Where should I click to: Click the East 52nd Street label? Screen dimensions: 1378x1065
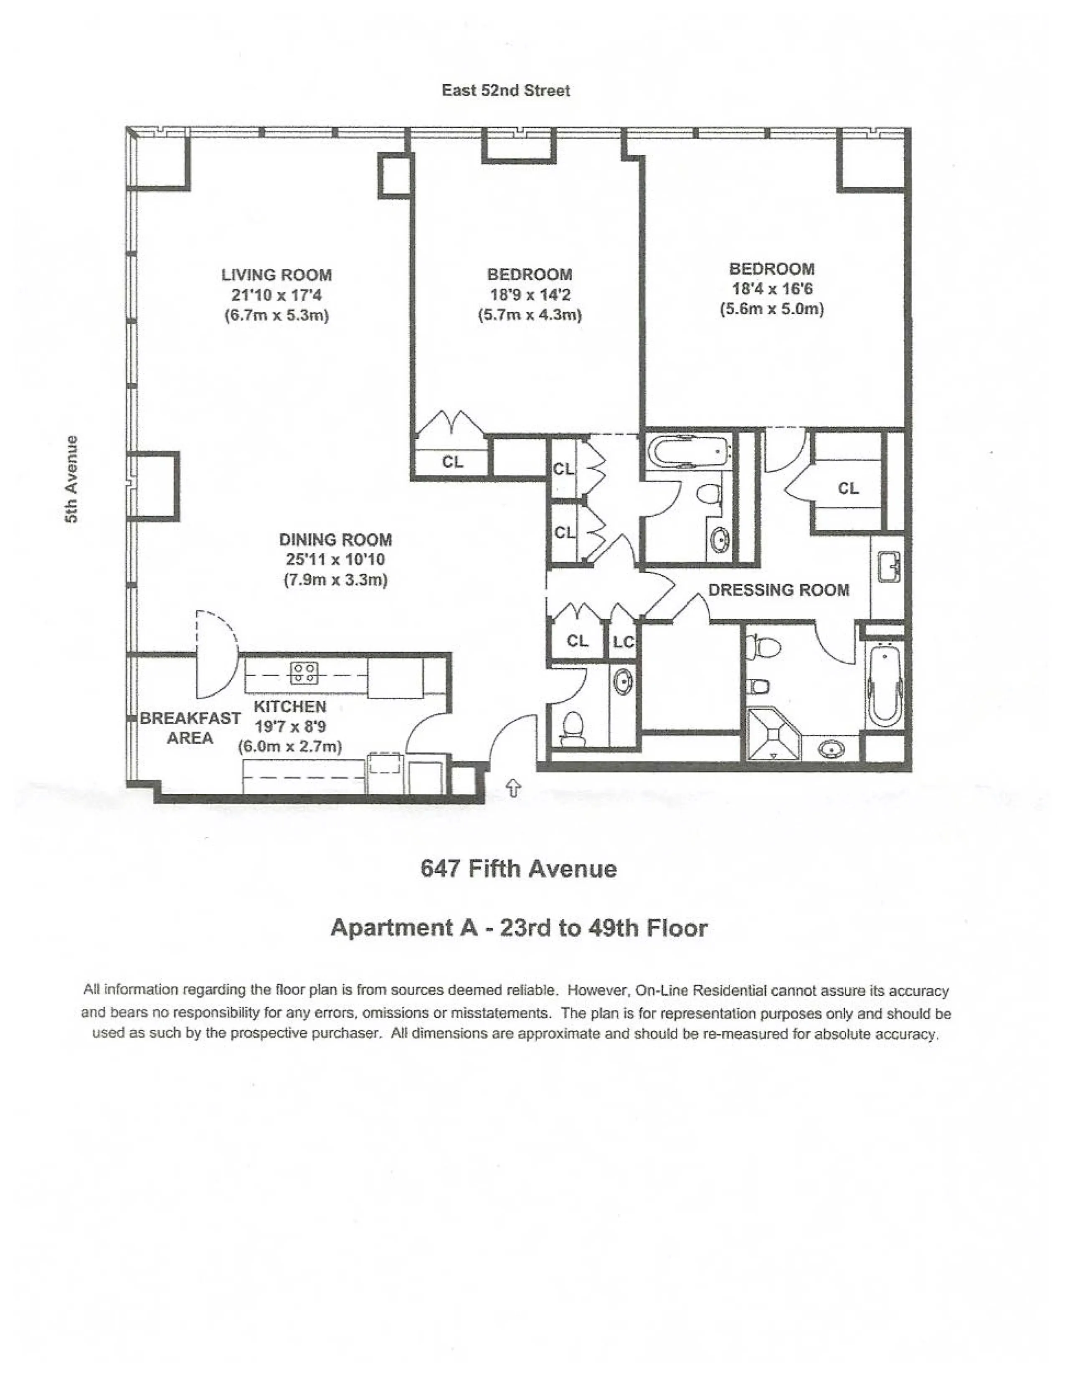505,90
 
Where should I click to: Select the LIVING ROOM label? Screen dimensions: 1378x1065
276,275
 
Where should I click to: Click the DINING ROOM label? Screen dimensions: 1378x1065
335,540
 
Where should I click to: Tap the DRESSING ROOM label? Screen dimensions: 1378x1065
778,590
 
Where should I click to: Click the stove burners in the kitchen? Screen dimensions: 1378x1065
304,673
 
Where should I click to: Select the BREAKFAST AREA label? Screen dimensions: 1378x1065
190,727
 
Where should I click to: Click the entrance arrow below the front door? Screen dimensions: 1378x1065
514,788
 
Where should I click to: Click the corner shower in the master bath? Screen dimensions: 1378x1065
772,735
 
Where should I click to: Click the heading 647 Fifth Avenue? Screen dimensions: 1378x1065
518,869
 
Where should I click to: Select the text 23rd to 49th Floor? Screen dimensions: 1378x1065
603,927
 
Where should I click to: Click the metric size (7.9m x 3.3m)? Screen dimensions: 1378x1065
335,579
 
